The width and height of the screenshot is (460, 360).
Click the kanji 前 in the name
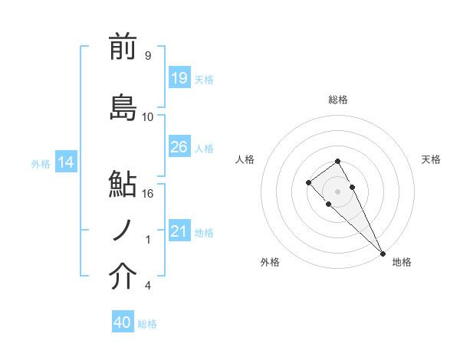(x=123, y=47)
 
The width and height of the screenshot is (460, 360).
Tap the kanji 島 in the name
(x=123, y=107)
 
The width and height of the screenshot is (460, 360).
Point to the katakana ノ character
(x=123, y=230)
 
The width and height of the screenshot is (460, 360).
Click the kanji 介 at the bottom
(x=123, y=278)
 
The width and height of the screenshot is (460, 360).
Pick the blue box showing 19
(x=179, y=78)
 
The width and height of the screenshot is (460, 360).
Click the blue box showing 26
(x=179, y=147)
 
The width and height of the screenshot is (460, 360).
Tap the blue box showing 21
(x=179, y=231)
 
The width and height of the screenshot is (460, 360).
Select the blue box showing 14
(x=65, y=162)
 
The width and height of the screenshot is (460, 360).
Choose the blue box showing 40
(x=122, y=322)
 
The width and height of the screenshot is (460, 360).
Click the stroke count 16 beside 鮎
(x=149, y=193)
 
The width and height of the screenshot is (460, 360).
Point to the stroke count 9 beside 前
(x=147, y=56)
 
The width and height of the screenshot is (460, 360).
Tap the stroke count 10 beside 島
(x=148, y=116)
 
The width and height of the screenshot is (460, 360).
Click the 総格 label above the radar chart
(x=337, y=100)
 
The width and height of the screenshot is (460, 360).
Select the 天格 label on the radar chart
(x=431, y=159)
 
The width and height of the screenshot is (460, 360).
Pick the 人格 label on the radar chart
(x=245, y=159)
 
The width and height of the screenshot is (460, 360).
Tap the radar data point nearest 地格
(x=383, y=253)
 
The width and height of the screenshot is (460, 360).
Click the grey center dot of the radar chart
(x=337, y=191)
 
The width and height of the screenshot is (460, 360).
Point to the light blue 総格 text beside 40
(x=147, y=324)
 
